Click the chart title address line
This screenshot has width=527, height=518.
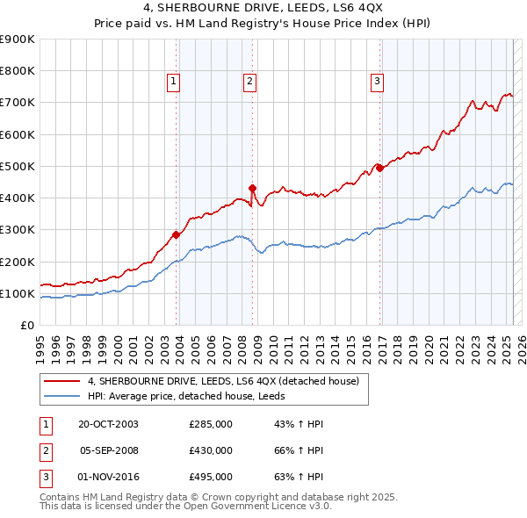click(x=263, y=11)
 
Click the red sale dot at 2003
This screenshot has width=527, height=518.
click(x=176, y=234)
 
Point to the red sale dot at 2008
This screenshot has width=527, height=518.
click(x=252, y=188)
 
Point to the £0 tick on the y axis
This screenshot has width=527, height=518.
click(x=26, y=326)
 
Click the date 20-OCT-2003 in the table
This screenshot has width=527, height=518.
click(x=108, y=424)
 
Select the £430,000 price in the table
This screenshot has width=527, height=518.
click(x=211, y=450)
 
